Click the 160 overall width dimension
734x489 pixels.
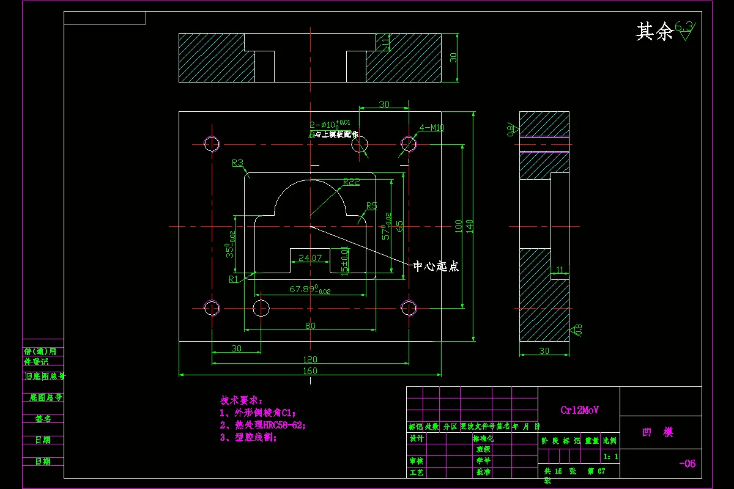click(310, 370)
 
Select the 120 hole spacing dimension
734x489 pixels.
click(310, 359)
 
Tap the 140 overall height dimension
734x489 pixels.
click(470, 226)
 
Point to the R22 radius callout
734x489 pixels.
click(351, 182)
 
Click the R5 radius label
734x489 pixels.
click(371, 205)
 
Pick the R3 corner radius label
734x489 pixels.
click(237, 163)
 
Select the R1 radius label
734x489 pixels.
click(234, 279)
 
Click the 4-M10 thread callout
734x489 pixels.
click(432, 128)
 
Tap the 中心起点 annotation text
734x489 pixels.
click(436, 267)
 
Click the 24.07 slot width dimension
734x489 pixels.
click(310, 258)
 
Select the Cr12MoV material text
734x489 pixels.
click(579, 410)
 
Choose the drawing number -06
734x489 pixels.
click(687, 463)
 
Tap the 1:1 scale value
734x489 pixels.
click(610, 457)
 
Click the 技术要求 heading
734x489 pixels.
click(242, 400)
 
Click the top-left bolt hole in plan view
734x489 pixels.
click(212, 144)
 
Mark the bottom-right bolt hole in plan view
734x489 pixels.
click(408, 307)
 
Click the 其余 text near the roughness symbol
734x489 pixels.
click(654, 32)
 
